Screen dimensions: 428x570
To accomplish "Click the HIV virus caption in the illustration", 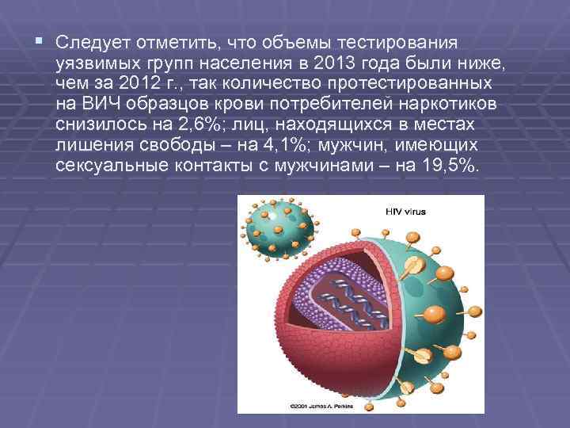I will point(404,212).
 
